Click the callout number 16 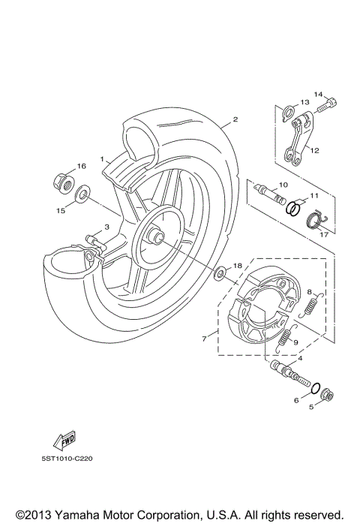click(x=82, y=166)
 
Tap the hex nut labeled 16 click(x=62, y=181)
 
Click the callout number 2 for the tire click(x=235, y=119)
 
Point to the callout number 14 click(x=317, y=95)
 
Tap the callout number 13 click(x=304, y=103)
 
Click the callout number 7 click(x=204, y=339)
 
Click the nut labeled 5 click(x=327, y=396)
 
